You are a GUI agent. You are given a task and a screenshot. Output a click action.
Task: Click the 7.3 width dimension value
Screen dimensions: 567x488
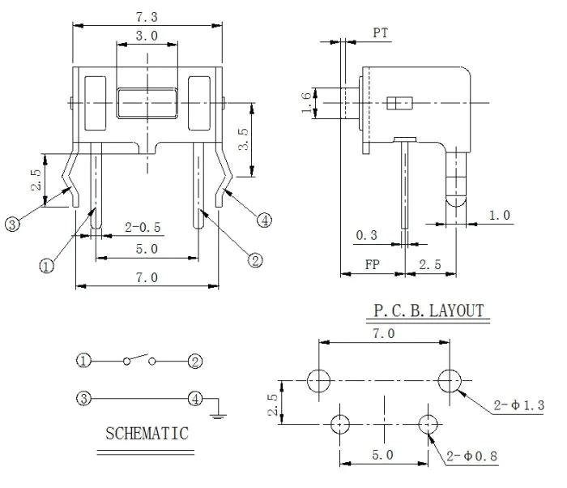pyautogui.click(x=147, y=17)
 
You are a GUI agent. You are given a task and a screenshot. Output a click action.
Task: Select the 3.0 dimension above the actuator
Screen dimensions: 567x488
pyautogui.click(x=147, y=36)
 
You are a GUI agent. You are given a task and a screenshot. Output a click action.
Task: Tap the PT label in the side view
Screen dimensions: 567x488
pyautogui.click(x=381, y=33)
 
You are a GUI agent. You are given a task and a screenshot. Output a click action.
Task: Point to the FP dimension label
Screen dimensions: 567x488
pyautogui.click(x=372, y=264)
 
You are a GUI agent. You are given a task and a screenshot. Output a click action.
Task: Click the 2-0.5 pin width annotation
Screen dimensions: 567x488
pyautogui.click(x=143, y=227)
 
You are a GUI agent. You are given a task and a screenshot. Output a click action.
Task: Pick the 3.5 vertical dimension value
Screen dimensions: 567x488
pyautogui.click(x=243, y=139)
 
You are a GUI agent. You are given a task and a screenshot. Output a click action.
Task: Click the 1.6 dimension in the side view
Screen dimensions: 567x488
pyautogui.click(x=306, y=102)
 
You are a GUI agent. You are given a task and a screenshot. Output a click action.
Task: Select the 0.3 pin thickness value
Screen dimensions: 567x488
pyautogui.click(x=367, y=235)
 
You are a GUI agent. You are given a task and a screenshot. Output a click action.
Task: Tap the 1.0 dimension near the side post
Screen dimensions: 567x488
pyautogui.click(x=500, y=216)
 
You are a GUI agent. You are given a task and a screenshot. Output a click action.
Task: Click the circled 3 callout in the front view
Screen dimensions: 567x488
pyautogui.click(x=12, y=224)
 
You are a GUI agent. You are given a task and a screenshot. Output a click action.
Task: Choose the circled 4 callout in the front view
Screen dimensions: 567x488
pyautogui.click(x=264, y=220)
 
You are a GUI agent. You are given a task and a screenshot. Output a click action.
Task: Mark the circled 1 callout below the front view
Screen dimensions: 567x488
pyautogui.click(x=46, y=267)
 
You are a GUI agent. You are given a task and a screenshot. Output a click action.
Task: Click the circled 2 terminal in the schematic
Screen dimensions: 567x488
pyautogui.click(x=195, y=362)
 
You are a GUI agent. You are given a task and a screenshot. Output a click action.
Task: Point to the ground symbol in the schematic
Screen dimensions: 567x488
pyautogui.click(x=217, y=415)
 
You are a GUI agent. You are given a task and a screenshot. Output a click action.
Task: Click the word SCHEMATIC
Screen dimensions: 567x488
pyautogui.click(x=147, y=434)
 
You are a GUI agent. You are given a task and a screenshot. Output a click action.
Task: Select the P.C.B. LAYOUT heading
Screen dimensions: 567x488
pyautogui.click(x=428, y=311)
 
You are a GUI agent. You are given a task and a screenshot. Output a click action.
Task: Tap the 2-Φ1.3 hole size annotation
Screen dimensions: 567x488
pyautogui.click(x=519, y=405)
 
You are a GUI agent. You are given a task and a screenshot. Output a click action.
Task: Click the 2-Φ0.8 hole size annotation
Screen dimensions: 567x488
pyautogui.click(x=472, y=456)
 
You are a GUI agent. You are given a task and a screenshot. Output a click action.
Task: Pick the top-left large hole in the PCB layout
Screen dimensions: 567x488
pyautogui.click(x=318, y=381)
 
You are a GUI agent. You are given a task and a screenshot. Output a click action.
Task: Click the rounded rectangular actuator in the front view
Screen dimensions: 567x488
pyautogui.click(x=147, y=103)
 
